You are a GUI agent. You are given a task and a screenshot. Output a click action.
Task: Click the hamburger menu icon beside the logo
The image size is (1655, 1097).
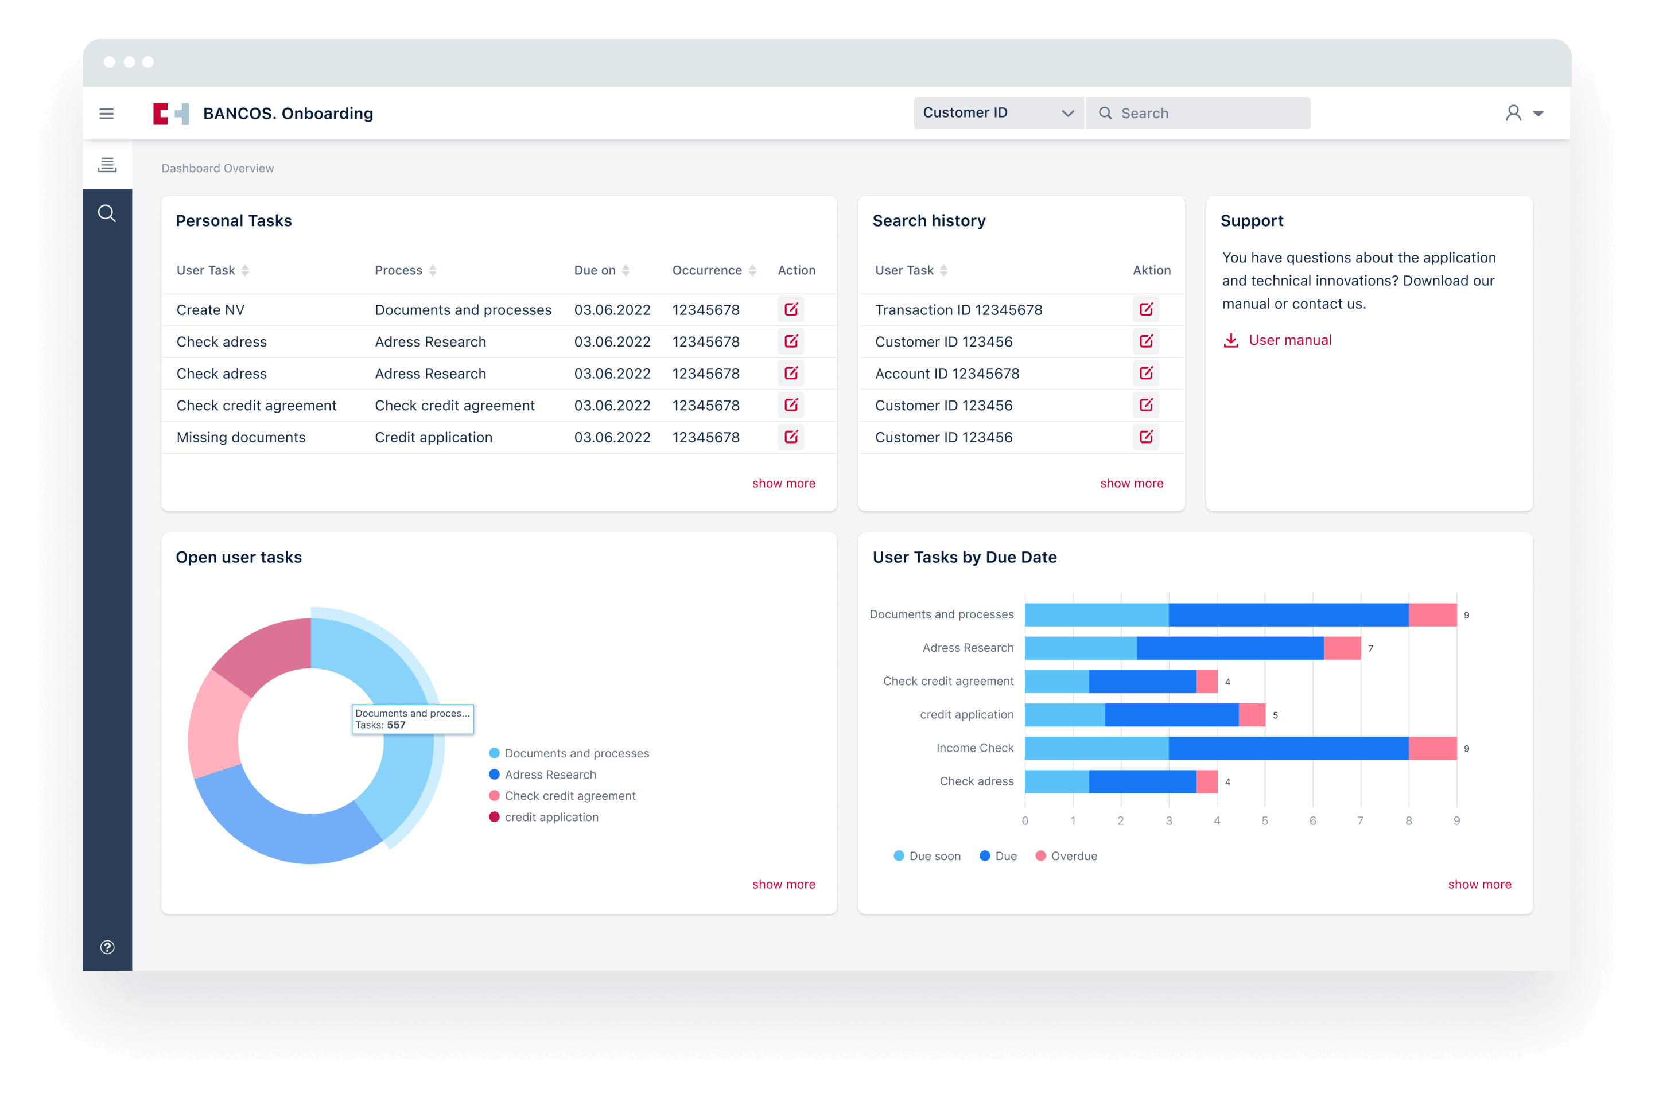click(x=106, y=114)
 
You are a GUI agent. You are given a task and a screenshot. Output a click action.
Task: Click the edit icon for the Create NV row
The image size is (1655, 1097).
click(x=791, y=309)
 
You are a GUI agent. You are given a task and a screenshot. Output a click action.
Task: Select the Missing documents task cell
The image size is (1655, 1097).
click(x=240, y=437)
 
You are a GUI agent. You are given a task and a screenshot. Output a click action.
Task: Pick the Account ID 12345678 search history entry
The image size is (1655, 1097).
click(x=947, y=374)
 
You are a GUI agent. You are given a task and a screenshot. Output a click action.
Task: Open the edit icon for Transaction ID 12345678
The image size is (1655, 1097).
click(x=1145, y=309)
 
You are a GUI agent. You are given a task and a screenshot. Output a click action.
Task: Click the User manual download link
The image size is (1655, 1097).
click(x=1289, y=340)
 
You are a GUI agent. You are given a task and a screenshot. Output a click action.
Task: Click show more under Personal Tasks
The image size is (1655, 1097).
click(x=783, y=483)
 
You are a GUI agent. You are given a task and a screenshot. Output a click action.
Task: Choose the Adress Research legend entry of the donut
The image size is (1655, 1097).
click(x=550, y=775)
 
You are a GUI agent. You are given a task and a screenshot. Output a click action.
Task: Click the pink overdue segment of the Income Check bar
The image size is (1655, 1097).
click(x=1432, y=748)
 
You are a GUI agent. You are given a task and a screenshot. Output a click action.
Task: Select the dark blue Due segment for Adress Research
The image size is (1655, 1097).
click(x=1230, y=648)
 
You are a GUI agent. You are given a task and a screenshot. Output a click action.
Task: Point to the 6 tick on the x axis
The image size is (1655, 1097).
click(x=1312, y=820)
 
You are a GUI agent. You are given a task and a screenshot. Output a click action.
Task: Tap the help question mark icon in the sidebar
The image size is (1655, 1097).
click(x=107, y=947)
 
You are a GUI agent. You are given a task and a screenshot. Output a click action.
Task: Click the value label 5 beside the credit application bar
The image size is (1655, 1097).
click(x=1275, y=715)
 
